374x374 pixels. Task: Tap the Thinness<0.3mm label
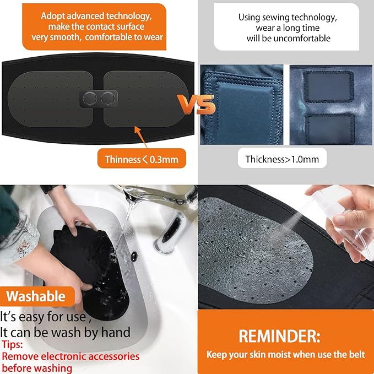[x=142, y=159]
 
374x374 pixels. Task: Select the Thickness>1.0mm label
[x=282, y=159]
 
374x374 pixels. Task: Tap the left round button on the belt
[x=89, y=99]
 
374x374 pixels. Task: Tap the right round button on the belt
[x=106, y=99]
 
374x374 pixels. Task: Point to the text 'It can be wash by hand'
[x=66, y=332]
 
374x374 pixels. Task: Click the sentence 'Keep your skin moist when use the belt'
[x=285, y=354]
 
